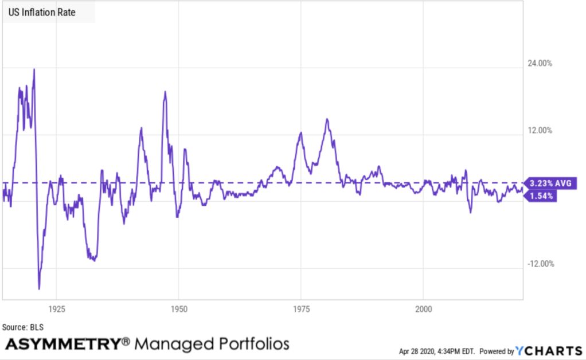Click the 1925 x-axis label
coord(56,309)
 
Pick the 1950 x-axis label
coord(179,309)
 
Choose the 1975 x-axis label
coord(301,309)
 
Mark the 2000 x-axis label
coord(423,309)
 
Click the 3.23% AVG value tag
coord(549,183)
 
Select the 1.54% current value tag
coord(541,195)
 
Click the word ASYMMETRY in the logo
coord(62,344)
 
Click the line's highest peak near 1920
coord(34,69)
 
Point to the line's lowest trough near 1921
coord(39,288)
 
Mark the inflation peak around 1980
coord(327,119)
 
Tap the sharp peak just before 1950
coord(165,92)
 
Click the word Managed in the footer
coord(175,344)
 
